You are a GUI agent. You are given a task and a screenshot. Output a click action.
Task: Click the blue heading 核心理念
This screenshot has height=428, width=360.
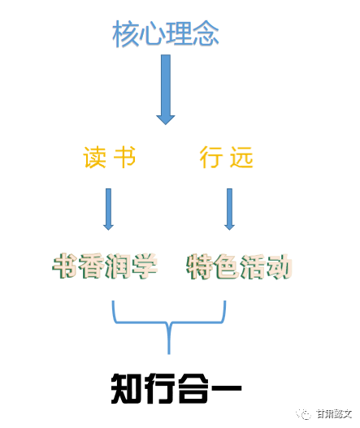166,33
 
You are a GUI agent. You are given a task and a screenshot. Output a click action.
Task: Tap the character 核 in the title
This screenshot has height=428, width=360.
125,33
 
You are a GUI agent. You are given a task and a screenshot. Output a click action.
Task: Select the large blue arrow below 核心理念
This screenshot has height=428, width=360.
166,89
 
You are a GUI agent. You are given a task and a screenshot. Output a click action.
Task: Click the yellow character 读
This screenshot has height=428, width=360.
94,157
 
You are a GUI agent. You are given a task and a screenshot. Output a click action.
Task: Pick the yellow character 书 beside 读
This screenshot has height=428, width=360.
124,157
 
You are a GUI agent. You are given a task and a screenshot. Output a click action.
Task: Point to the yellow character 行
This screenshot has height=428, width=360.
210,157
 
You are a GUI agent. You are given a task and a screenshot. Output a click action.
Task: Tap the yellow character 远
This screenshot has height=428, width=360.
241,157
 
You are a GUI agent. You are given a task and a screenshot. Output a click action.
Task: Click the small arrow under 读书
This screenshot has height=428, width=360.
108,209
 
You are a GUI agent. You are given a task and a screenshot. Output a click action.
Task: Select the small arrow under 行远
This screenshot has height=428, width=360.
229,209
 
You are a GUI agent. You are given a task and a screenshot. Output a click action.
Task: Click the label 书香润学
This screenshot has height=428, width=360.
105,266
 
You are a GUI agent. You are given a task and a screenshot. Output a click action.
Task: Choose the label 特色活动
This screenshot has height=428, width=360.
239,266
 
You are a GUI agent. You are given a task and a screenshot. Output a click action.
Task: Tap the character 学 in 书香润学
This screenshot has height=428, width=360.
145,266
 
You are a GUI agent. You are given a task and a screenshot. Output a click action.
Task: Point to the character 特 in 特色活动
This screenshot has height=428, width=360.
199,266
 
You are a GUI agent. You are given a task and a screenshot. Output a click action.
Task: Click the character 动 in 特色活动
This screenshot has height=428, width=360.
279,266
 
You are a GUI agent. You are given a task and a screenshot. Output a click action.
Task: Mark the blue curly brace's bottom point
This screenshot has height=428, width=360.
169,354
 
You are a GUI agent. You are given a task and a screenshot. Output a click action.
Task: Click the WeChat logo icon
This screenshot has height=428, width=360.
304,414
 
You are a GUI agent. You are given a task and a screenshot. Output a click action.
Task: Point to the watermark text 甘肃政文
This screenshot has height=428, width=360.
334,414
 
